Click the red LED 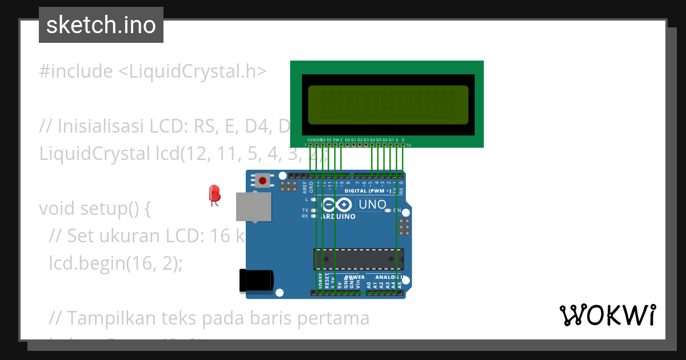[214, 193]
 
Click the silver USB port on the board [254, 206]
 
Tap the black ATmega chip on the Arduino [358, 259]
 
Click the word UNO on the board [372, 205]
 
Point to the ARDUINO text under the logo [338, 217]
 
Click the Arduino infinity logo [337, 205]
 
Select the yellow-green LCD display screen [388, 105]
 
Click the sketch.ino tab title [101, 25]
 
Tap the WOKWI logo [607, 315]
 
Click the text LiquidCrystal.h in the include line [198, 71]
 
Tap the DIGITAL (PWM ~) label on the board [368, 191]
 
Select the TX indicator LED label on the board [305, 210]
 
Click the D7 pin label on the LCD [391, 139]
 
